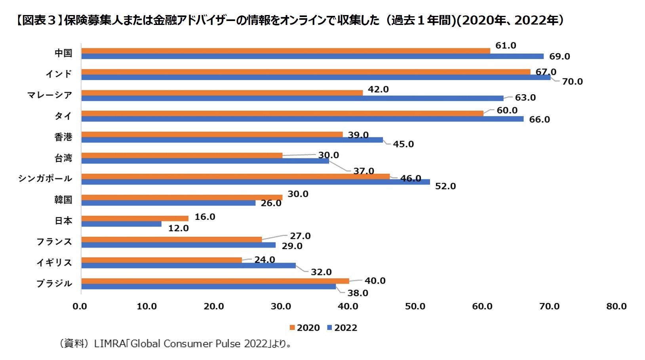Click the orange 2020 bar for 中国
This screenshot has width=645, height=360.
(x=285, y=51)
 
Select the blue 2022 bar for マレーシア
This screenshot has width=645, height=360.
(x=292, y=98)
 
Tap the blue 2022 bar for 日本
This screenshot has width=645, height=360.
(x=121, y=224)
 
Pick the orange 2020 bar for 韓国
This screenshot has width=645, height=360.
(x=182, y=197)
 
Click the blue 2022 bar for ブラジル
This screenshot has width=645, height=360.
(x=208, y=286)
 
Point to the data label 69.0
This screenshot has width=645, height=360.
(x=559, y=57)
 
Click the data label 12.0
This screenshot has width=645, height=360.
(x=178, y=229)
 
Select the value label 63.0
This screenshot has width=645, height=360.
(x=525, y=98)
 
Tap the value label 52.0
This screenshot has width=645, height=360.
(x=445, y=186)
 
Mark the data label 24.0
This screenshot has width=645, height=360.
(x=264, y=260)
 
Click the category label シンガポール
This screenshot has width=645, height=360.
(x=45, y=179)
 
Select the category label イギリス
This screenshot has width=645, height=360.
(x=54, y=263)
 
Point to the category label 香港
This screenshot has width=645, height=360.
(x=63, y=137)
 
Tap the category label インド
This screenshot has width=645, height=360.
(x=59, y=74)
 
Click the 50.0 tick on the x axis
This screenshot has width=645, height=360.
(x=415, y=307)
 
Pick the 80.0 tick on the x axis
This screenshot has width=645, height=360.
(x=616, y=307)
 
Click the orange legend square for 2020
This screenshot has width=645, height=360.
(x=293, y=328)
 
